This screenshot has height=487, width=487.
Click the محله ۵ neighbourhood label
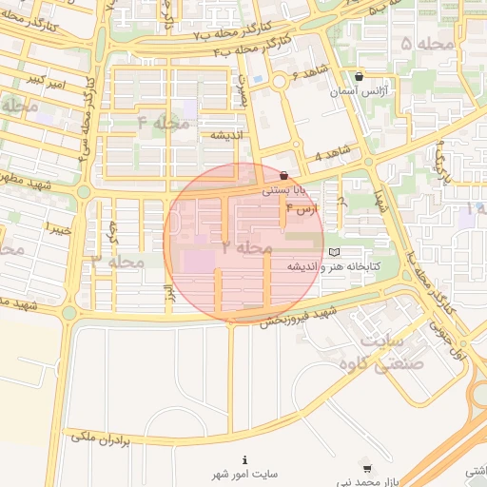[419, 44]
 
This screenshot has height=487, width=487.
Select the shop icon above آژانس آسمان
[358, 77]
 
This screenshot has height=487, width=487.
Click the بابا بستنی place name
[283, 190]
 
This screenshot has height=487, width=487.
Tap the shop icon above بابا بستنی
[284, 174]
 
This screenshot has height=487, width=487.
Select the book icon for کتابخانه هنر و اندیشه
[333, 251]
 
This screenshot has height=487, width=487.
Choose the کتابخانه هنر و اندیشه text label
[337, 267]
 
